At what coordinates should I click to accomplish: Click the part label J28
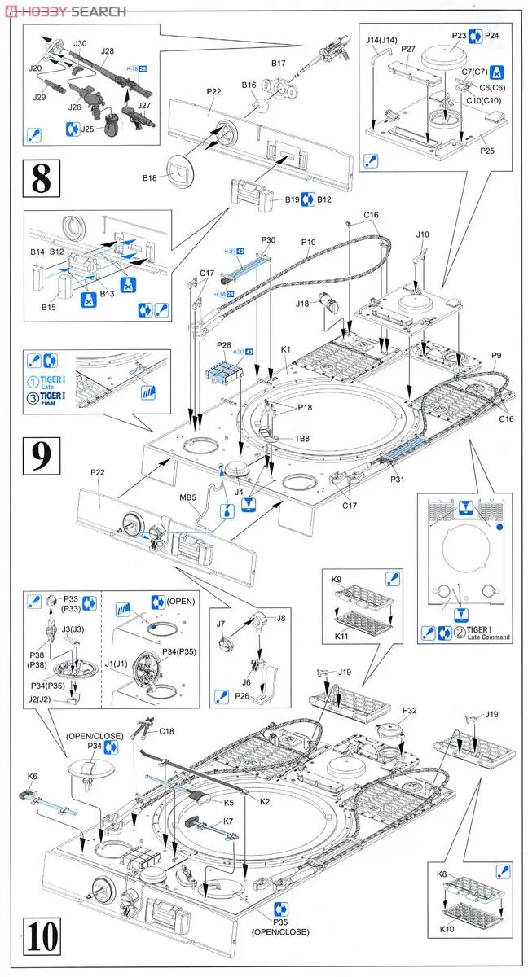coord(108,51)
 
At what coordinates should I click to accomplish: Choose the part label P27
coord(408,50)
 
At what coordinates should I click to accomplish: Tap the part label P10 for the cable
coord(309,242)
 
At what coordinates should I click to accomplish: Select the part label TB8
coord(301,438)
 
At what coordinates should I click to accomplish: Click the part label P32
coord(410,710)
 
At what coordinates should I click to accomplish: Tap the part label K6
coord(33,777)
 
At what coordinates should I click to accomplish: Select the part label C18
coord(168,731)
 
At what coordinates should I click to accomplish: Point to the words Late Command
coord(488,637)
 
